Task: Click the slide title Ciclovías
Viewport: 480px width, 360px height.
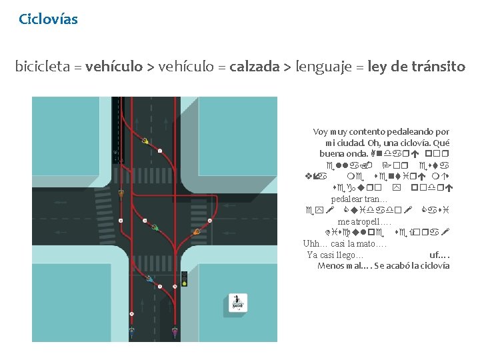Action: coord(48,19)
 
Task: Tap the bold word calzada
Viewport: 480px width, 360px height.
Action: coord(254,67)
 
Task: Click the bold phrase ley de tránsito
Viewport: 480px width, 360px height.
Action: coord(416,67)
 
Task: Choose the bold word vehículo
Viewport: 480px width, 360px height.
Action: coord(114,67)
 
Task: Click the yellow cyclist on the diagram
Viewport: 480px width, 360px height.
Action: coord(145,141)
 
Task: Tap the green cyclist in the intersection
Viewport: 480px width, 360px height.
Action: coord(155,227)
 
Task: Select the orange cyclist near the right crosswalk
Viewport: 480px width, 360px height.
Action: coord(121,193)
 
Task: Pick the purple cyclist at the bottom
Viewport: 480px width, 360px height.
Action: coord(175,330)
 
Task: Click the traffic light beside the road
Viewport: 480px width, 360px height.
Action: coord(184,279)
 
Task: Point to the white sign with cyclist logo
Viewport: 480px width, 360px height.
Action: coord(237,302)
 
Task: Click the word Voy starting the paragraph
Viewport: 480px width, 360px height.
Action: coord(321,132)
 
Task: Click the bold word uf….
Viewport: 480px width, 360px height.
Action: coord(439,255)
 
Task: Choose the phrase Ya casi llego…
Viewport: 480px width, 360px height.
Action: coord(335,255)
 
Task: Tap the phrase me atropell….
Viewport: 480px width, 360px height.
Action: coord(364,221)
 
